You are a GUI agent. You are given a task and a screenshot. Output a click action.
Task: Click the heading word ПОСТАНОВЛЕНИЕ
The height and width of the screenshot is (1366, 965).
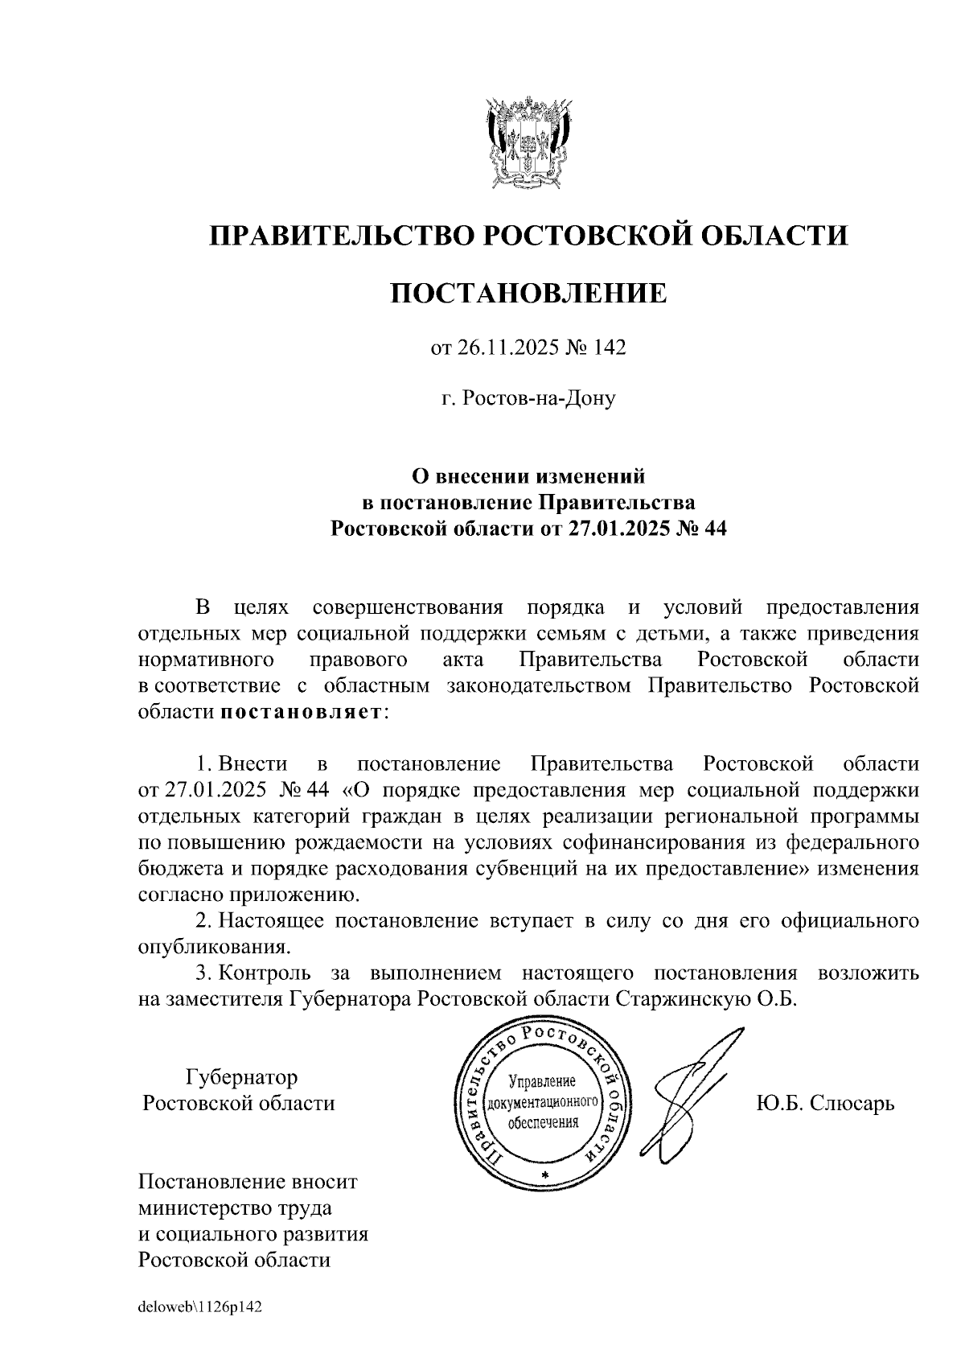[528, 293]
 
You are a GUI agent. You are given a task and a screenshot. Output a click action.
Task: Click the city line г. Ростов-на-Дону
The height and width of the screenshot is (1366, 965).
[528, 397]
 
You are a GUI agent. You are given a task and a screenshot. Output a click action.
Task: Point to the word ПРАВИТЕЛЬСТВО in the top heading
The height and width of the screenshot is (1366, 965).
[339, 235]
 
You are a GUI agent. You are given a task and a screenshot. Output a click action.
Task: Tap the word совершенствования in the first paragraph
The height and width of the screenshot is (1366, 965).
[407, 606]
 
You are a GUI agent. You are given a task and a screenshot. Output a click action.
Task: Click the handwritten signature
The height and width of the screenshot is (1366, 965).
[692, 1094]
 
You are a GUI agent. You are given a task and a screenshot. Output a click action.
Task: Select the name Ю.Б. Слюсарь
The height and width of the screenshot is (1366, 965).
[825, 1102]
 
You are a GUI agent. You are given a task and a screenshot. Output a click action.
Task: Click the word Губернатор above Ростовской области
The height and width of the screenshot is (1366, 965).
[241, 1076]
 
